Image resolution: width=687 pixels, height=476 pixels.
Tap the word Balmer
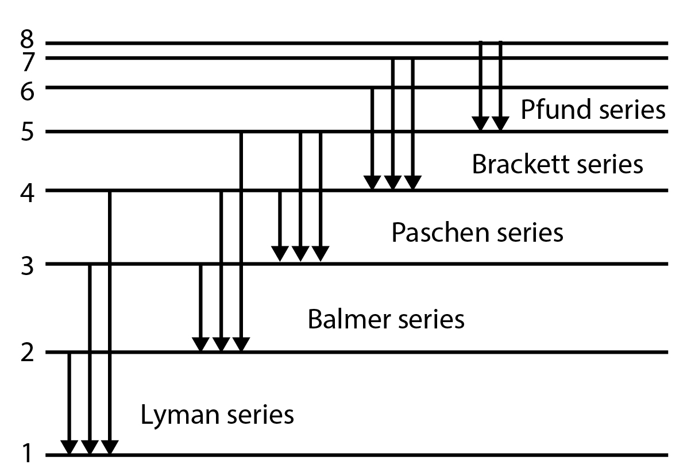[346, 319]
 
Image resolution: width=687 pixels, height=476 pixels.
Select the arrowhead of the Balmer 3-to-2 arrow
[200, 343]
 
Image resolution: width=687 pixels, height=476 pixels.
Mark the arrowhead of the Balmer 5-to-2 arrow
[241, 343]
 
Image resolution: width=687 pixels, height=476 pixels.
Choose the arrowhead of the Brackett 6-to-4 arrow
[372, 182]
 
